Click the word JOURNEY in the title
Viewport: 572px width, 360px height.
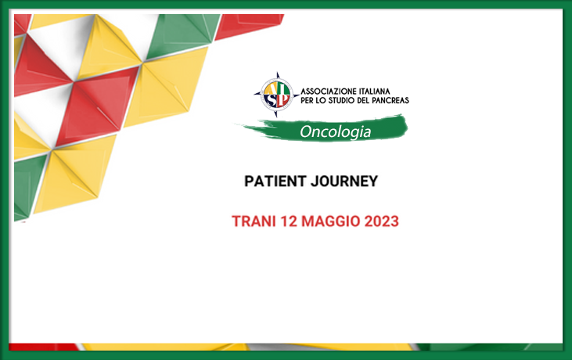coord(345,182)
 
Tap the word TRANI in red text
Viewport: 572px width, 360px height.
coord(254,221)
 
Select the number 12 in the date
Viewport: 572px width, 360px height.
coord(289,221)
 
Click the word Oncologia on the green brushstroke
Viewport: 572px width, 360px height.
coord(335,131)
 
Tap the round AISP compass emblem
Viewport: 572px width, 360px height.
coord(277,95)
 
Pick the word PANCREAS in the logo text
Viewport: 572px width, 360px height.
coord(390,100)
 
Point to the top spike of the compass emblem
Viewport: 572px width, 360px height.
coord(277,73)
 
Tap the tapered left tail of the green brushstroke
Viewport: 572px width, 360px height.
coord(248,127)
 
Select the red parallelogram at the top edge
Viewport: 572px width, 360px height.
coord(250,25)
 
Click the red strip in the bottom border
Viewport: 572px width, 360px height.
coord(44,347)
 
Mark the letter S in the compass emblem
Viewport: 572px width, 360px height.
coord(270,101)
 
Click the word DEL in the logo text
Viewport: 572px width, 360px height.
coord(363,100)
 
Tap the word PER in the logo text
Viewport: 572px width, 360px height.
coord(308,100)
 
